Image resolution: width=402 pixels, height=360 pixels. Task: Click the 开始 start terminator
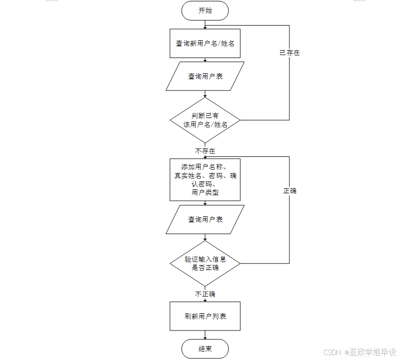click(x=205, y=11)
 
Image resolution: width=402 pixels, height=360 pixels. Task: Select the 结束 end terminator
click(x=205, y=349)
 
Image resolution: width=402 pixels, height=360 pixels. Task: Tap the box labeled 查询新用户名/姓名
click(x=205, y=43)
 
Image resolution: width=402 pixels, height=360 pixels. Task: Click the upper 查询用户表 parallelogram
click(x=205, y=76)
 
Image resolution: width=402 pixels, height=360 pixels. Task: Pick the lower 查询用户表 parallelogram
click(x=205, y=219)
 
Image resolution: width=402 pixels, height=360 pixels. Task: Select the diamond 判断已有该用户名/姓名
click(x=205, y=120)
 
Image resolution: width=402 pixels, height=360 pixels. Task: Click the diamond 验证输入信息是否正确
click(x=205, y=264)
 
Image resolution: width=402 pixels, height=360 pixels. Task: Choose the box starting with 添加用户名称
click(x=205, y=180)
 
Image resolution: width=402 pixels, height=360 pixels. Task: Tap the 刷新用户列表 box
click(x=205, y=316)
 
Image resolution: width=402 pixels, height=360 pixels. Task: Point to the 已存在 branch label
click(x=289, y=53)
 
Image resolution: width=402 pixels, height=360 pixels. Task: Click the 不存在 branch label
click(x=205, y=151)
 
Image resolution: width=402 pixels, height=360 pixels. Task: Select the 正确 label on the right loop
click(x=289, y=191)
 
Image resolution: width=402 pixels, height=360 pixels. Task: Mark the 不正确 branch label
click(x=205, y=294)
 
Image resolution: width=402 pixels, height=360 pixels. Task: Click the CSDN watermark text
click(x=333, y=352)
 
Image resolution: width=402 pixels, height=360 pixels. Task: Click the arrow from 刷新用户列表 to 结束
click(x=205, y=335)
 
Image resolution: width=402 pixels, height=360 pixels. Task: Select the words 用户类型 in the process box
click(x=205, y=193)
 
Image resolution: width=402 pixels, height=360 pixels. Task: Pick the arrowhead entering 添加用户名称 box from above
click(x=205, y=157)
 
